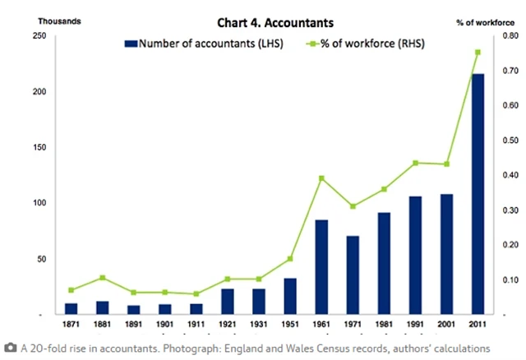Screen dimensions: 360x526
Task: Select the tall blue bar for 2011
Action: point(478,193)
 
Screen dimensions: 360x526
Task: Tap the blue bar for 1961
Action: point(321,266)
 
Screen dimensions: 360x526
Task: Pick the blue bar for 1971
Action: point(353,275)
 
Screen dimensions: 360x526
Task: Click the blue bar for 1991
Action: point(415,255)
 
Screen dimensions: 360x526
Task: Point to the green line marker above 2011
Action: point(478,52)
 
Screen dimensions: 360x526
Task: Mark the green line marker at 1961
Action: point(321,178)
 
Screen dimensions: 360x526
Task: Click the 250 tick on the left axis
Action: point(37,36)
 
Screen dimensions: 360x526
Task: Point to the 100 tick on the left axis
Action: point(37,203)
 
